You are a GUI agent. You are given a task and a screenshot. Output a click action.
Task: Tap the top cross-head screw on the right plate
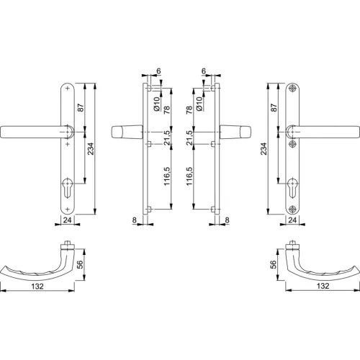[x=292, y=88]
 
